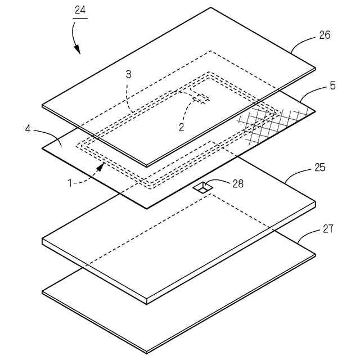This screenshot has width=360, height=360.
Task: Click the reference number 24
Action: (80, 10)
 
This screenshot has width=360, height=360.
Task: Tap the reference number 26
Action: (325, 35)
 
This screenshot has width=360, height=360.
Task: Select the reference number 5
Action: (332, 86)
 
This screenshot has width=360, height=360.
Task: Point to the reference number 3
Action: (128, 74)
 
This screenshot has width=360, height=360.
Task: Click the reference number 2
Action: (181, 128)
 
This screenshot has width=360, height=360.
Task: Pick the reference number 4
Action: (28, 129)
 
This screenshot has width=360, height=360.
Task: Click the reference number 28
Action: (238, 183)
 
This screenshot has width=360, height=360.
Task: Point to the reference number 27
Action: (328, 229)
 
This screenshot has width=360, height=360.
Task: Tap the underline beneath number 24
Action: (80, 18)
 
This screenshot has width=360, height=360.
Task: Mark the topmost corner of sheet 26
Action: (211, 7)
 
